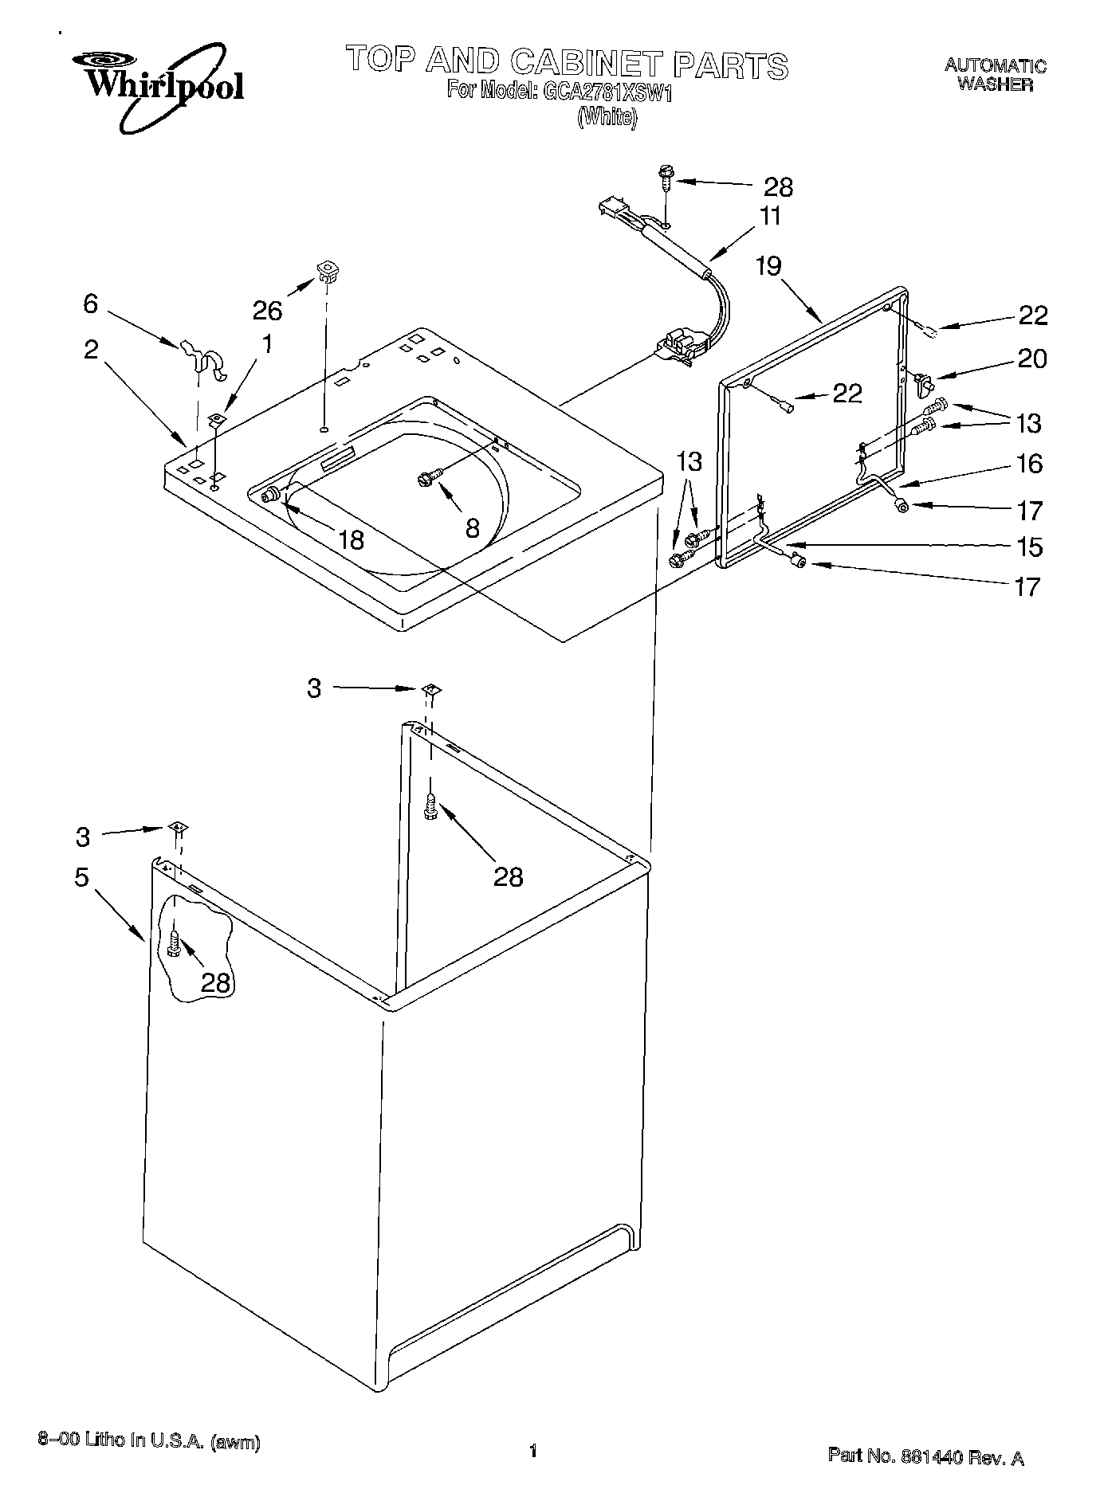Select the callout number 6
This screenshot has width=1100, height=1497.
(x=91, y=303)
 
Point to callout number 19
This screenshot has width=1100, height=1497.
(x=769, y=265)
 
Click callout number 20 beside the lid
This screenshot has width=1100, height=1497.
(x=1031, y=359)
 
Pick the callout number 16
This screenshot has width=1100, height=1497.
(x=1030, y=463)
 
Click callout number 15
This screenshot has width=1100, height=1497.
(x=1030, y=547)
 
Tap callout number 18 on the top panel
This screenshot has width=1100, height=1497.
(x=351, y=539)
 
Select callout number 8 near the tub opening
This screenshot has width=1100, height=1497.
(x=473, y=527)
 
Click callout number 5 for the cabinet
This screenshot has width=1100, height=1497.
(x=81, y=876)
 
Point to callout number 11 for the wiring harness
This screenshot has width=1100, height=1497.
(x=770, y=216)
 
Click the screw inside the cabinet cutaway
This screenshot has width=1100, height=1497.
(x=175, y=942)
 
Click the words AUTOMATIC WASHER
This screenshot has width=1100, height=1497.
(x=995, y=75)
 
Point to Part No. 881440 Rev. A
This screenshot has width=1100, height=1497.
(x=925, y=1456)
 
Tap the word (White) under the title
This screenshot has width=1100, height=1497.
(x=607, y=117)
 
